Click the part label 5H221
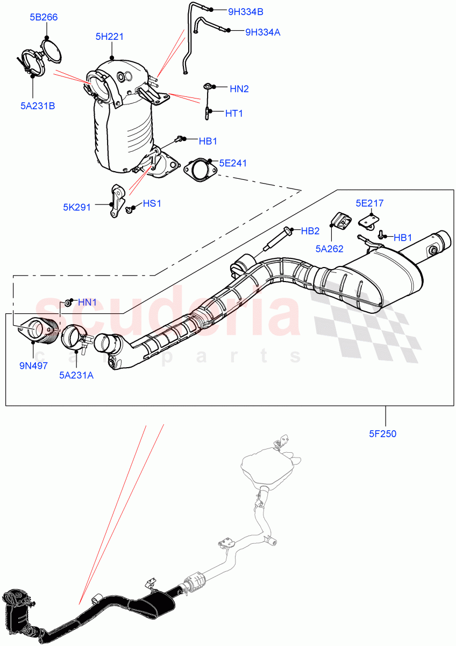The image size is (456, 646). tap(110, 37)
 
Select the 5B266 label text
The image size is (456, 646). tap(43, 17)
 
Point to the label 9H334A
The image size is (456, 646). tap(262, 32)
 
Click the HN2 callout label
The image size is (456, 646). tap(239, 89)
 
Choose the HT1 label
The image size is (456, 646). tap(234, 114)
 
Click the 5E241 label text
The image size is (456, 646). tap(233, 163)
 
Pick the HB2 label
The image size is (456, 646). tap(310, 231)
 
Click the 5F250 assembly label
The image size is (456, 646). tap(382, 433)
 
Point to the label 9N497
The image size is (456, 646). tap(33, 366)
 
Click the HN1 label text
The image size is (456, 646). tap(87, 303)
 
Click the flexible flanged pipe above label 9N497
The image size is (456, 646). tap(39, 329)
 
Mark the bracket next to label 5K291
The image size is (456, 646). tap(117, 201)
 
